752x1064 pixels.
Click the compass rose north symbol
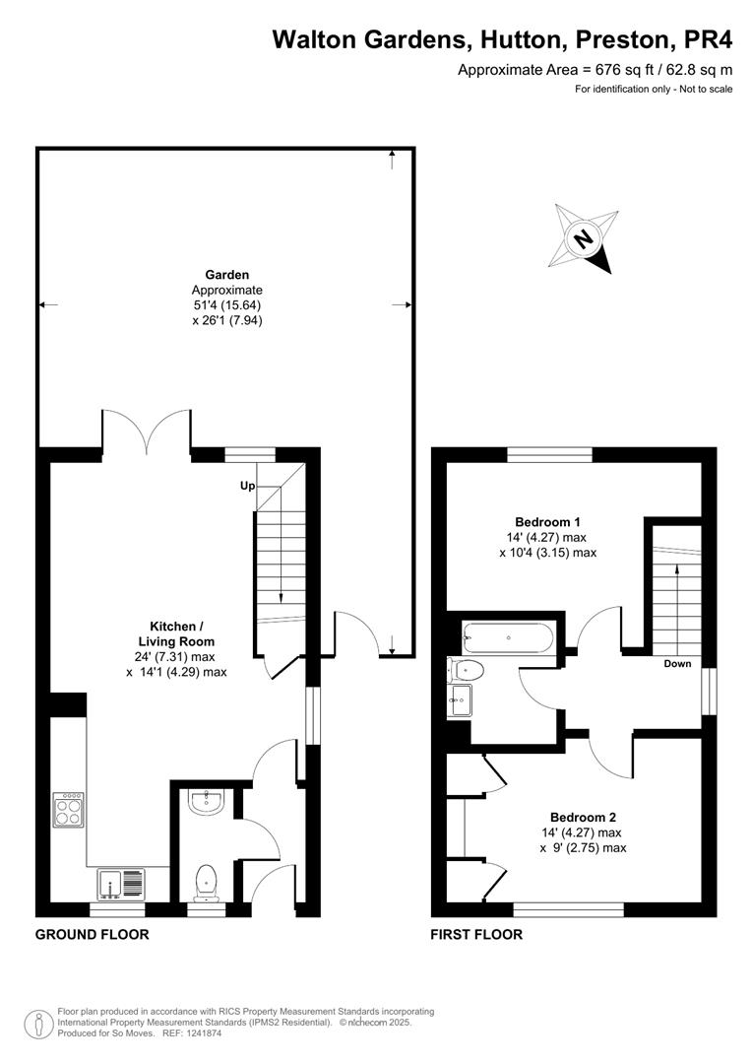coord(585,237)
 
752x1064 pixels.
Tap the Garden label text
coord(226,275)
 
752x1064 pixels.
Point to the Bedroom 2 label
coord(583,817)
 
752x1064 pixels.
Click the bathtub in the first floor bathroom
coord(507,638)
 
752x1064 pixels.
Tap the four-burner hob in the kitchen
coord(69,810)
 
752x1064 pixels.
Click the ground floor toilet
coord(207,881)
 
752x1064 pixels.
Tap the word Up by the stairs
coord(247,486)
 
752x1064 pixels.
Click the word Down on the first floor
coord(676,664)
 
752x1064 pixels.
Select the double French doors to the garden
coord(146,433)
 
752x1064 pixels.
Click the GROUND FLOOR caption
coord(93,934)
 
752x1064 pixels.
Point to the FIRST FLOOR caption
coord(476,934)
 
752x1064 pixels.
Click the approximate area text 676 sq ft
coord(595,70)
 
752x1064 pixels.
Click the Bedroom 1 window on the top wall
coord(550,454)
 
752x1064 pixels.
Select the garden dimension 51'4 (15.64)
coord(226,305)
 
